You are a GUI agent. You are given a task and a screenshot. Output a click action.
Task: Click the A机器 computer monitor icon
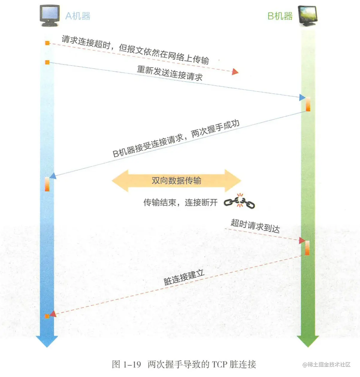pos(49,16)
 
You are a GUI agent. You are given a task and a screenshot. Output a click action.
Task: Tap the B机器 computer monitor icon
pos(307,16)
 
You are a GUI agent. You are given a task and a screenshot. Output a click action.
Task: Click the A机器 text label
pos(78,16)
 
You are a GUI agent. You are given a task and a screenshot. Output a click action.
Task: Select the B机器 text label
pos(280,16)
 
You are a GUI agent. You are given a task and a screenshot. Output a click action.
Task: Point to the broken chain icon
pos(239,201)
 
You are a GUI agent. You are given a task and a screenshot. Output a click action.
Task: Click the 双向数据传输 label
pos(176,181)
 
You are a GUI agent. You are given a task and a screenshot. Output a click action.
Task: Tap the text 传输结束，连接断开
pos(180,203)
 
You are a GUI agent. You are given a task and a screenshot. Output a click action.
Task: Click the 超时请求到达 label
pos(255,226)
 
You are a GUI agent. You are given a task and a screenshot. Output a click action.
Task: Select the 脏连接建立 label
pos(184,277)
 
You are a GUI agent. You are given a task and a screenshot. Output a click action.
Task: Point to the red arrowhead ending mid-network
pos(235,72)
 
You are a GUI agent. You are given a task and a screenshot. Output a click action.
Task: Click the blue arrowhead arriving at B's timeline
pos(302,97)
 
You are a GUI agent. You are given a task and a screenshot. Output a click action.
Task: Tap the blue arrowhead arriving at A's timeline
pos(53,176)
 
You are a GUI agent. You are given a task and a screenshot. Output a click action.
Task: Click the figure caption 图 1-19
pos(126,364)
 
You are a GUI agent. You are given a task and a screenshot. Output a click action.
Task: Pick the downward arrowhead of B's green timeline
pos(308,341)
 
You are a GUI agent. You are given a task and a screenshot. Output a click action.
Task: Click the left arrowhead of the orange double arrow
pos(120,181)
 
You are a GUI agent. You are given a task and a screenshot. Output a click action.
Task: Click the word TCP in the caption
pos(219,364)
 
